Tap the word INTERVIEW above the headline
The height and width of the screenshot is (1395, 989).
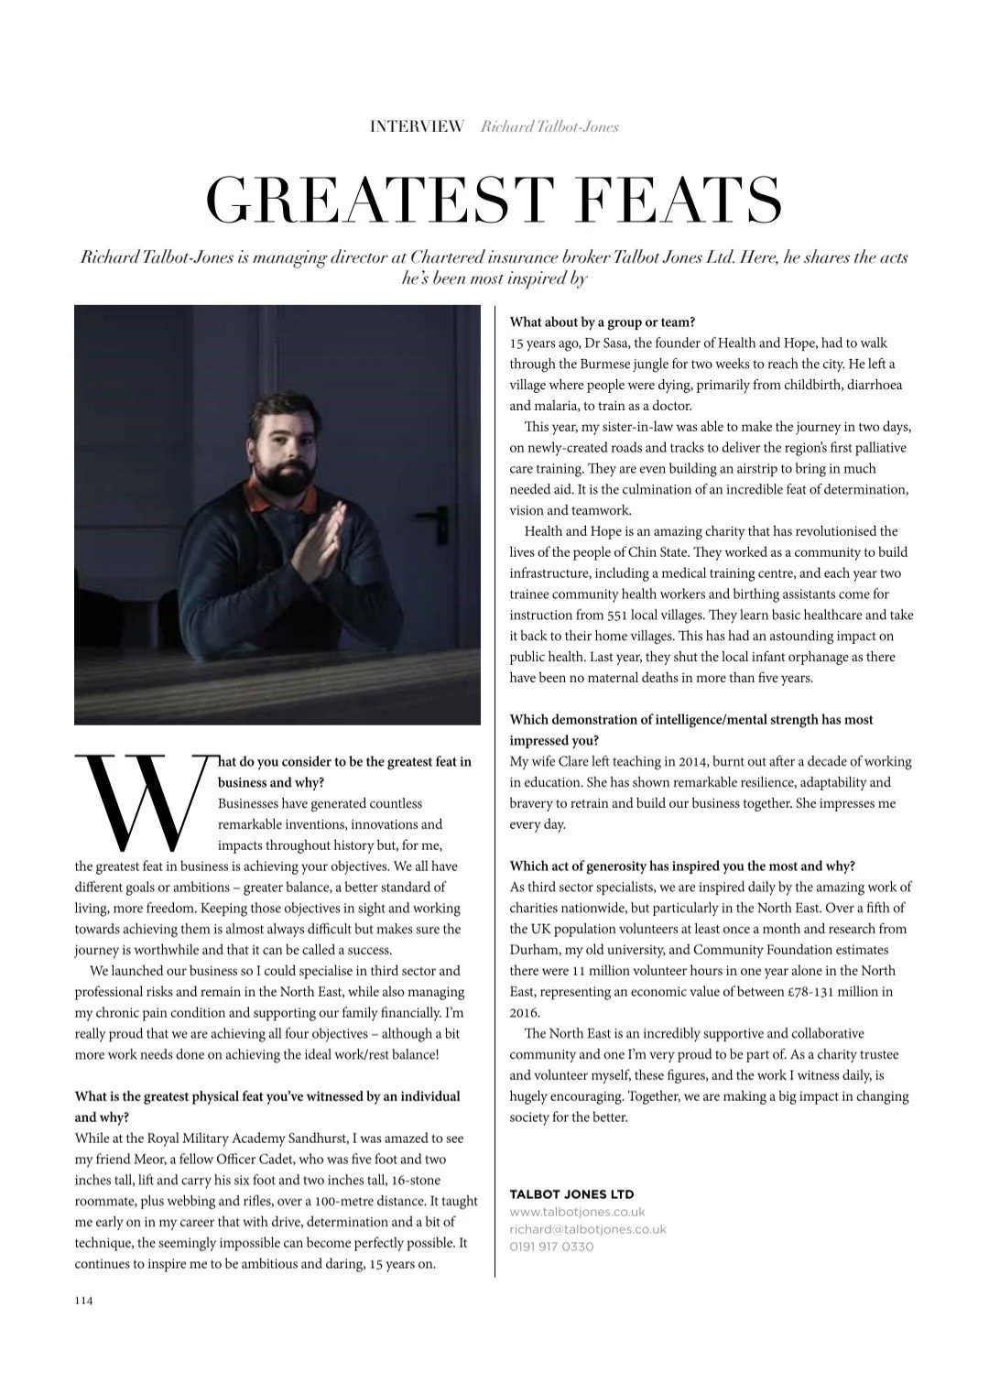click(417, 126)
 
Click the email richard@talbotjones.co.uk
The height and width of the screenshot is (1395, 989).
click(588, 1229)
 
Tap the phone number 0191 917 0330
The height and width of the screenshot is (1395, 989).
click(551, 1247)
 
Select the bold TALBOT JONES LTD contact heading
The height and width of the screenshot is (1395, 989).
click(571, 1194)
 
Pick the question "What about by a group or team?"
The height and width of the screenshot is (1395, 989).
click(603, 322)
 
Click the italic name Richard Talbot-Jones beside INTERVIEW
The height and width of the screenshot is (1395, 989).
click(549, 126)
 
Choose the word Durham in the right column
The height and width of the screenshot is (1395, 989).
click(532, 950)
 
